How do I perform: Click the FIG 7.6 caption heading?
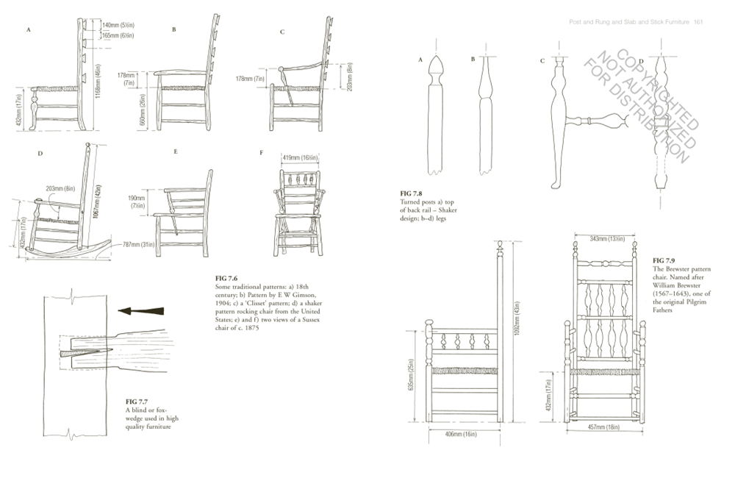226,279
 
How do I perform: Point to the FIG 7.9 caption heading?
664,261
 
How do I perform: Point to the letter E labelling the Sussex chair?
176,152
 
